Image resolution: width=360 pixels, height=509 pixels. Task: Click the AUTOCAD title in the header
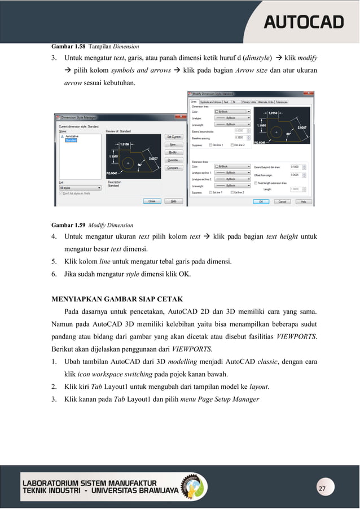(304, 22)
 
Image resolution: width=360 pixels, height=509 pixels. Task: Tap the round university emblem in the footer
(192, 486)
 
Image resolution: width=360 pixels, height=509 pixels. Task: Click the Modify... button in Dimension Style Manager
(173, 152)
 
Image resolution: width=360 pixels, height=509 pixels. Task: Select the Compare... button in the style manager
(173, 168)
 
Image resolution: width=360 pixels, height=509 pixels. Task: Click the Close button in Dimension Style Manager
(151, 200)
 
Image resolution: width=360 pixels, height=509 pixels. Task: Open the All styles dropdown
(80, 188)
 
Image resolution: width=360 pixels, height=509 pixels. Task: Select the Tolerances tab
(281, 102)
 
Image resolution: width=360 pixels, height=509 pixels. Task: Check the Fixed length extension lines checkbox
(255, 183)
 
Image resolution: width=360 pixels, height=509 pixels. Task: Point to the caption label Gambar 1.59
(65, 225)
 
